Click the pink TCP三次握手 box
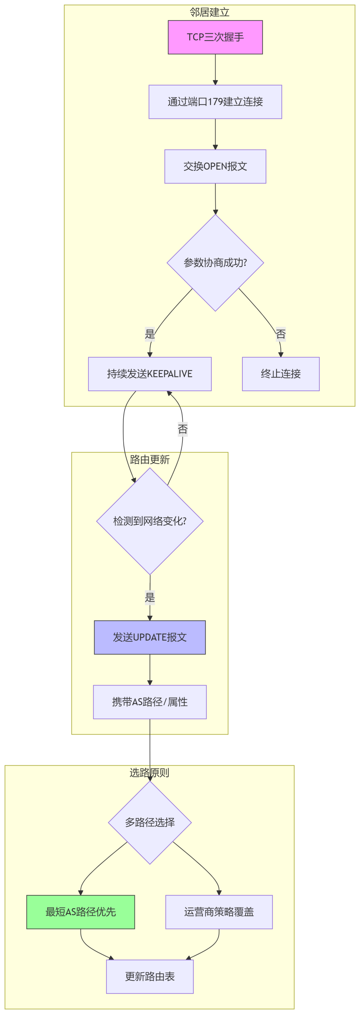[215, 37]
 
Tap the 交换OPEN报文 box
[215, 166]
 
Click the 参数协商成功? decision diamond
[215, 263]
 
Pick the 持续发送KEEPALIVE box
[150, 374]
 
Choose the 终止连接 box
[281, 374]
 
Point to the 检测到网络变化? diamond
[150, 522]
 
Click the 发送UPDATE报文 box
[150, 637]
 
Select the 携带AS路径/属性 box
[150, 702]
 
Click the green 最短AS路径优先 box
[81, 912]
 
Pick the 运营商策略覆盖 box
[219, 912]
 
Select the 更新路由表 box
[150, 977]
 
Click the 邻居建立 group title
[209, 13]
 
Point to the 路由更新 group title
[150, 460]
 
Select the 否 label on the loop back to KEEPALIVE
[183, 429]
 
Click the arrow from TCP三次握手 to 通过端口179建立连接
[215, 69]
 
